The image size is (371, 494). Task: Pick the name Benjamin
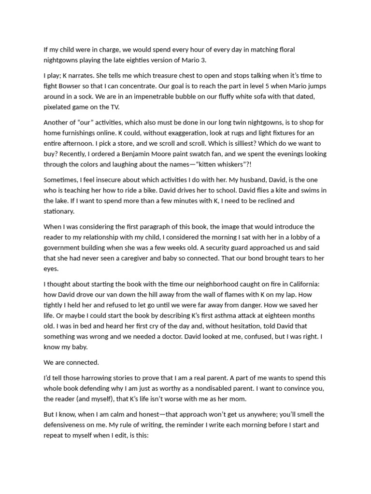[209, 154]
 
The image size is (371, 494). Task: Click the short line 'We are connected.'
[71, 363]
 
